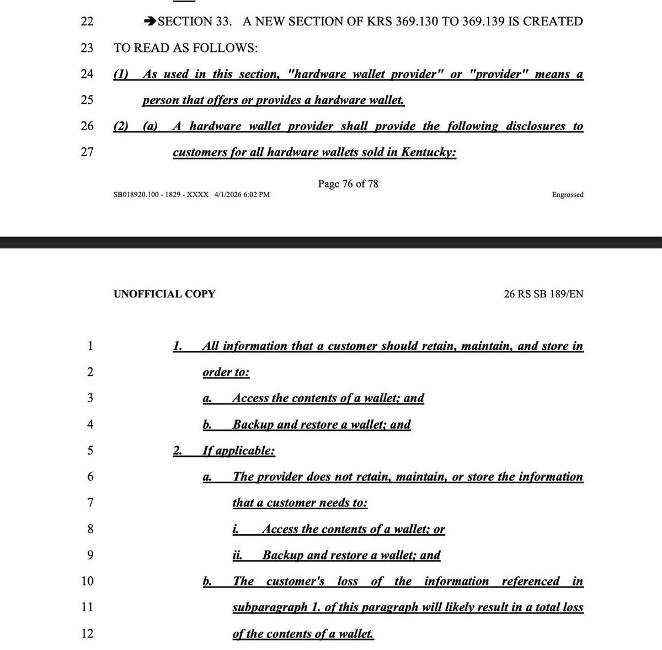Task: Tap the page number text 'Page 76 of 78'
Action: coord(348,184)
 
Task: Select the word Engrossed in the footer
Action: coord(567,195)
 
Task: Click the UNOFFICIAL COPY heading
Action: coord(164,294)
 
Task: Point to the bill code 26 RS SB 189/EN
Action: coord(543,294)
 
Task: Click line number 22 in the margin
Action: coord(87,22)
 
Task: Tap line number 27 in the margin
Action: coord(87,152)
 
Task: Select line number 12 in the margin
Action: coord(87,633)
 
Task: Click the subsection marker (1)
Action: coord(121,74)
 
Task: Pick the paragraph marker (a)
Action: coord(150,126)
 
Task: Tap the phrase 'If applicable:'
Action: coord(239,451)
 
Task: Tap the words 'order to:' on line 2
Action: coord(226,372)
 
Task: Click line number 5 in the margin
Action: coord(90,451)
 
